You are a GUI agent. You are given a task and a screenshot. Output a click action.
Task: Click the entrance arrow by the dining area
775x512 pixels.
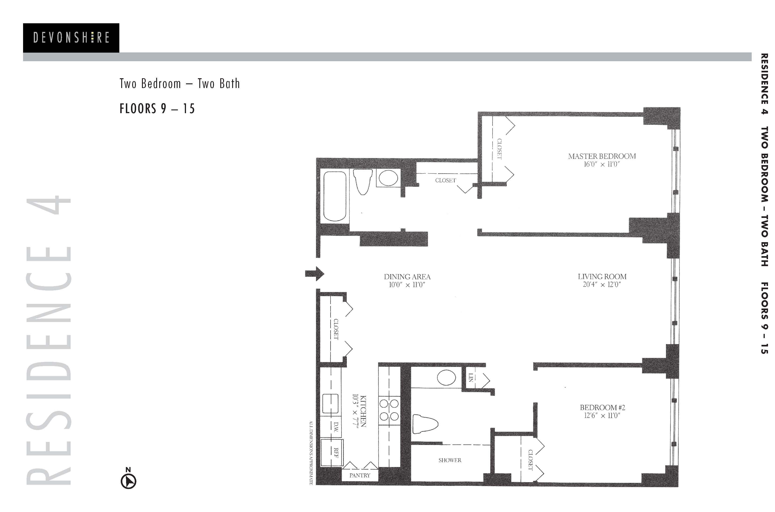click(314, 274)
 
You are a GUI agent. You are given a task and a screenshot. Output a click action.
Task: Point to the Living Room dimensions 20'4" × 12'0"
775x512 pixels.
click(602, 285)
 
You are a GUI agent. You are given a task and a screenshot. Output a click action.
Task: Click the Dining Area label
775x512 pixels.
click(407, 277)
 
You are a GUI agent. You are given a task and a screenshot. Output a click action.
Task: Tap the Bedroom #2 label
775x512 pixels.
click(603, 407)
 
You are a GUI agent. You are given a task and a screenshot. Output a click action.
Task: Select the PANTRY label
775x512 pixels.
click(360, 475)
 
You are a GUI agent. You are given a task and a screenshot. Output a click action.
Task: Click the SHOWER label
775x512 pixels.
click(450, 460)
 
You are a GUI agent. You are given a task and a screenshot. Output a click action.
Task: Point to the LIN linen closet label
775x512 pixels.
click(471, 377)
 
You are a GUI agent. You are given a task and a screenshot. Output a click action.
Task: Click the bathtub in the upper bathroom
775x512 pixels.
click(335, 196)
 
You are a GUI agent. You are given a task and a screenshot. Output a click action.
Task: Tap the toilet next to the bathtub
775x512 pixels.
click(363, 182)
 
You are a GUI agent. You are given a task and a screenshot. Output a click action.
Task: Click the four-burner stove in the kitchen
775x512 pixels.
click(389, 410)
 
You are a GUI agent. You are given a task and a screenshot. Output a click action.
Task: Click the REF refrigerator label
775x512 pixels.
click(336, 453)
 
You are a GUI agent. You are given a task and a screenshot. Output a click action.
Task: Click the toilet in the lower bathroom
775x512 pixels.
click(425, 424)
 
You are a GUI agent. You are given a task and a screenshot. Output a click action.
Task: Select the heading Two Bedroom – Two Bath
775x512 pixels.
click(180, 84)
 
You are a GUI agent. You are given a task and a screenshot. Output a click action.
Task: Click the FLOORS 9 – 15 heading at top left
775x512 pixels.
click(157, 109)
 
